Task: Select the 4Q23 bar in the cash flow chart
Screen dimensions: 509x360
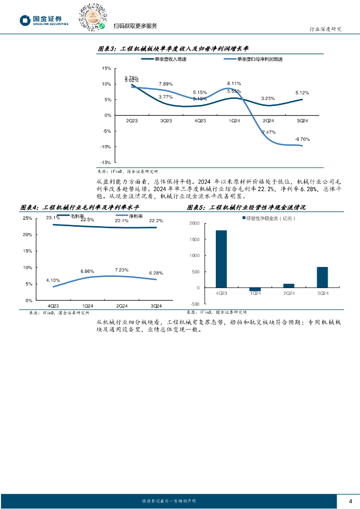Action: click(x=221, y=259)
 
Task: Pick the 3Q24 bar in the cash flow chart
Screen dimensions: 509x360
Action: click(x=322, y=277)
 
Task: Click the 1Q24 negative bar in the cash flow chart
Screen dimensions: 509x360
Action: click(x=255, y=289)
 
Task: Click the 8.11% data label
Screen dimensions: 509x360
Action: click(x=234, y=83)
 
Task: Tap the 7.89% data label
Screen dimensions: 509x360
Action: click(x=166, y=84)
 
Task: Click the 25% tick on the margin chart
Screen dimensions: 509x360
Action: click(x=27, y=218)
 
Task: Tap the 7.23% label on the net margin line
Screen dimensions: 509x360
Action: click(x=122, y=270)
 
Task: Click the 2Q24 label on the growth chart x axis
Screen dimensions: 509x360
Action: click(x=268, y=121)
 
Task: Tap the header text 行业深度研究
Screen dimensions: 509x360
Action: click(x=323, y=29)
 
